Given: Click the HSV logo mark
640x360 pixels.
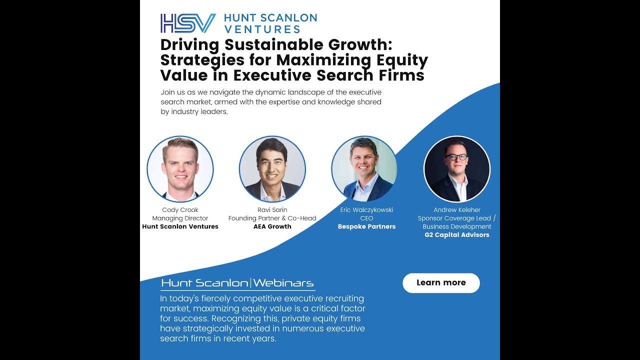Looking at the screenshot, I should (x=188, y=23).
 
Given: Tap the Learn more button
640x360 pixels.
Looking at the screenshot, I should (x=441, y=283).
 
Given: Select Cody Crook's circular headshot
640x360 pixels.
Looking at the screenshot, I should (x=180, y=169).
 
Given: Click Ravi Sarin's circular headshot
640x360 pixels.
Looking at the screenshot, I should (x=272, y=169).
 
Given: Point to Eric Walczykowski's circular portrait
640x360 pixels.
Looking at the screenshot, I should (x=364, y=169).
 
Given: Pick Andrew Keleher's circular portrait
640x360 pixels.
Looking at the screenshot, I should (x=457, y=169).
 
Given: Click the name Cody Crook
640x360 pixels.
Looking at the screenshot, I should (x=180, y=210).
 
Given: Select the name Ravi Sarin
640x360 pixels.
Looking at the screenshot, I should (x=272, y=210).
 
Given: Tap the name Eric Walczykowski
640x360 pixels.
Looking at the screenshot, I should (x=366, y=210).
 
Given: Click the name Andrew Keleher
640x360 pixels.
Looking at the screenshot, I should (x=457, y=210).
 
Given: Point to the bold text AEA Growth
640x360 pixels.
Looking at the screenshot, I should (x=272, y=226).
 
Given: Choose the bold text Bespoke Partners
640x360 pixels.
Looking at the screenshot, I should (x=366, y=226).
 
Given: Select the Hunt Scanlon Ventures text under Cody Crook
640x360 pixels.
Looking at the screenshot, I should (x=180, y=226).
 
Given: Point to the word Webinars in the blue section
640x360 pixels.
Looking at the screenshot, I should (x=283, y=283).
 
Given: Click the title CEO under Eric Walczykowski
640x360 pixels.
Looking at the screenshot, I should (x=366, y=218).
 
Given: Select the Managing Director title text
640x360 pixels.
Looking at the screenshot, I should (x=180, y=218).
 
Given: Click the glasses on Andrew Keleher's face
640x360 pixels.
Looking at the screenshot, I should (x=456, y=157).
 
